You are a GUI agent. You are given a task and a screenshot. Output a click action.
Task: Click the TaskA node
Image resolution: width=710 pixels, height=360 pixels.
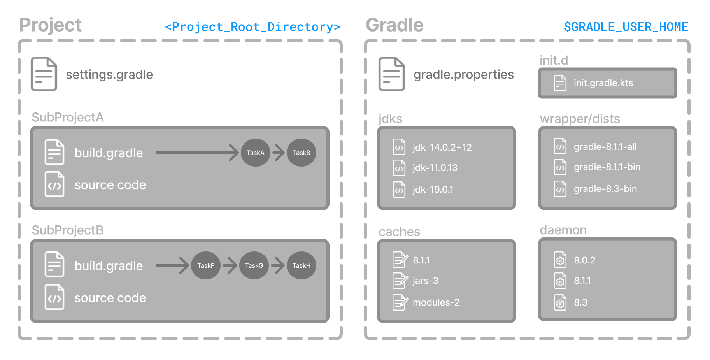(x=255, y=153)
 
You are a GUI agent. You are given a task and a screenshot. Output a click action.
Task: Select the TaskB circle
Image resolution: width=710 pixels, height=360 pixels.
(x=302, y=153)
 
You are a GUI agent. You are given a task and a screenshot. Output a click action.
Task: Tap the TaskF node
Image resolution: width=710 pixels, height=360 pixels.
(x=205, y=265)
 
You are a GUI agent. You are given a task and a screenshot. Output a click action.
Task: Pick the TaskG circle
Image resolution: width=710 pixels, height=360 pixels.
(x=254, y=265)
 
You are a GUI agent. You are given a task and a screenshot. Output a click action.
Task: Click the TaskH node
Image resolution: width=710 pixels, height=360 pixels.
(x=302, y=265)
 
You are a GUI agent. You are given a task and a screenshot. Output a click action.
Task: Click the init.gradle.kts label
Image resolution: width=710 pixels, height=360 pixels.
(x=603, y=83)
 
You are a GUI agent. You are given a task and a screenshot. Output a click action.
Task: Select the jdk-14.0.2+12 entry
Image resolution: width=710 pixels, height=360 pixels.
(x=442, y=148)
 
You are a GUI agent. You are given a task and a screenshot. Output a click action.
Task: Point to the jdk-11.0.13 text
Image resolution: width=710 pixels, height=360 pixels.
(x=435, y=168)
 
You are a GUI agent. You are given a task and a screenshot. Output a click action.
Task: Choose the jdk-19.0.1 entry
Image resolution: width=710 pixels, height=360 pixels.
(x=433, y=190)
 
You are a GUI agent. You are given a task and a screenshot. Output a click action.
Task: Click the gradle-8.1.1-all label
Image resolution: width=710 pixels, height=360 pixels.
(x=605, y=147)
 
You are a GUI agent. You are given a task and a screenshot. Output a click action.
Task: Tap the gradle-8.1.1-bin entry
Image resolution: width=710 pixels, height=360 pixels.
(x=607, y=167)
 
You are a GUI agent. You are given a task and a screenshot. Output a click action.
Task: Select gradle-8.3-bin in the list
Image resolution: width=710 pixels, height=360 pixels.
(x=605, y=189)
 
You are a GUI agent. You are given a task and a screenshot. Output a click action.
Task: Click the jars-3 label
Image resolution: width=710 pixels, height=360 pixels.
(x=425, y=281)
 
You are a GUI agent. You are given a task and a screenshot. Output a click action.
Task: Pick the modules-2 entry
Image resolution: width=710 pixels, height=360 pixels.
(x=436, y=302)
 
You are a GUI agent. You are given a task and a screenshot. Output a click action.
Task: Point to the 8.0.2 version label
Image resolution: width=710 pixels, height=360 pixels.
(x=584, y=260)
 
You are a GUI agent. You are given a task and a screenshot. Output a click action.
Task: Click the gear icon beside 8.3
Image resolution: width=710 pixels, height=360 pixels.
(x=560, y=303)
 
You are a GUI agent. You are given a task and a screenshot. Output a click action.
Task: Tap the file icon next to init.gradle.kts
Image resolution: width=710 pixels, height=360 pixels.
(x=560, y=83)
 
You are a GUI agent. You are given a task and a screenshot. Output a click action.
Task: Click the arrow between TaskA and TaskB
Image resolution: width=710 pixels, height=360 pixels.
(x=279, y=153)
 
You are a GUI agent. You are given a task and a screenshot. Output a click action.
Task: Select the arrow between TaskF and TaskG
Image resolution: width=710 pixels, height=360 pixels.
(x=230, y=265)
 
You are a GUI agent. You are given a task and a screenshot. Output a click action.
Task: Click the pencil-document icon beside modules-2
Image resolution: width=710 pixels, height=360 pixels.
(x=400, y=302)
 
